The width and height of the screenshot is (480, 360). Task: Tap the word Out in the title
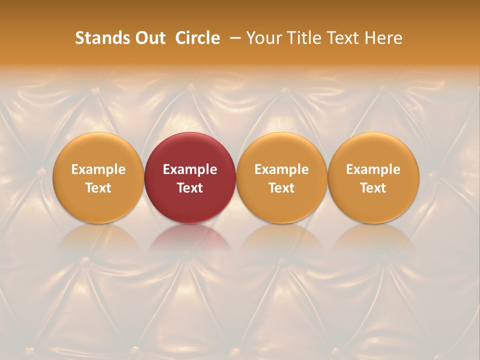tap(148, 38)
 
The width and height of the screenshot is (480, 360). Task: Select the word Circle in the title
tap(197, 38)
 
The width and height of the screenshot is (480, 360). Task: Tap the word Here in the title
tap(383, 38)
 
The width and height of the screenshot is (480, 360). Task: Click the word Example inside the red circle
tap(190, 169)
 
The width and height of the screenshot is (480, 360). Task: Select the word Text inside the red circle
tap(190, 187)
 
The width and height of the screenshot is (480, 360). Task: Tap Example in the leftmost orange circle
tap(98, 169)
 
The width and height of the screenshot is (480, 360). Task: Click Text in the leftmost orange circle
tap(98, 187)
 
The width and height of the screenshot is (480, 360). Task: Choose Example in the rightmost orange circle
tap(373, 169)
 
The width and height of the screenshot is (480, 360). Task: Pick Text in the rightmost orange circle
tap(373, 187)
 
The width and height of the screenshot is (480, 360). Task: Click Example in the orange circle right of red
tap(281, 169)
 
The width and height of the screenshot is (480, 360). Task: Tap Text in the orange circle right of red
tap(281, 187)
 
